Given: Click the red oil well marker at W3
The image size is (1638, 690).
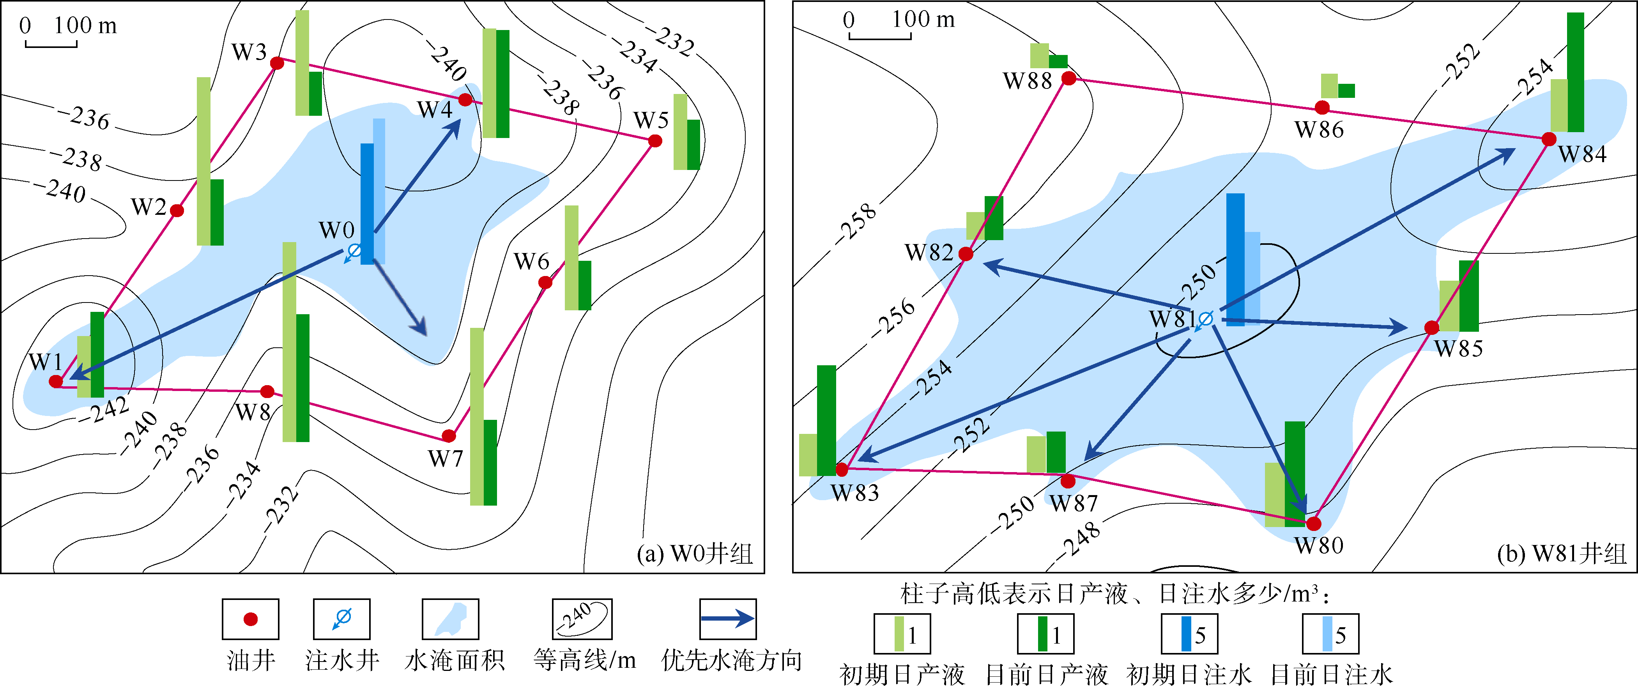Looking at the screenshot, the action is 277,63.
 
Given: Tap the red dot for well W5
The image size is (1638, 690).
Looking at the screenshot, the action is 655,141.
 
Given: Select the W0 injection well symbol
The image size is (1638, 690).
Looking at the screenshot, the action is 354,252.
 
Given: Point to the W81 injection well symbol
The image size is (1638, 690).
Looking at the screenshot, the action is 1204,320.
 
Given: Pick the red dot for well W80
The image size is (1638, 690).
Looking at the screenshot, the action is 1314,524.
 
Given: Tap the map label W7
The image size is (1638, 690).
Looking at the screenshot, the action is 446,458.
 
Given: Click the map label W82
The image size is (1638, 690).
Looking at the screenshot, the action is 929,253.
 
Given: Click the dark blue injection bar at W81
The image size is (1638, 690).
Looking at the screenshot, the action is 1235,260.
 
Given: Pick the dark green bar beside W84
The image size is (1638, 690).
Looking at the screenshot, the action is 1575,73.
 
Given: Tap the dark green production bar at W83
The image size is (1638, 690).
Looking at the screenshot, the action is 826,420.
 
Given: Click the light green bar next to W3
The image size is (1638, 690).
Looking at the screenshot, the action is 302,63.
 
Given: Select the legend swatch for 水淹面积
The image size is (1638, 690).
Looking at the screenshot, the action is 450,619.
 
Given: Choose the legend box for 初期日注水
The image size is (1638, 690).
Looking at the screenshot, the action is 1189,633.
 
